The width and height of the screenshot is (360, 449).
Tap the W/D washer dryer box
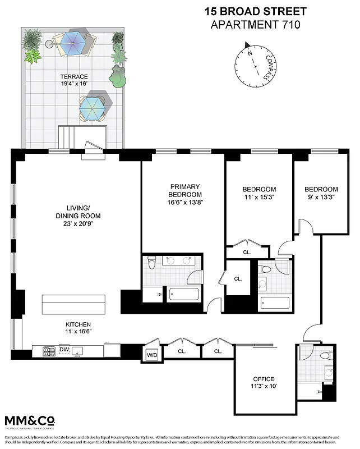coord(152,355)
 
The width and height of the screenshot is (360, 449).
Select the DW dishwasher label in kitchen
coord(64,350)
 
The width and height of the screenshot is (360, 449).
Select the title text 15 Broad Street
coord(255,11)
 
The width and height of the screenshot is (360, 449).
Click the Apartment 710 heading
coord(255,24)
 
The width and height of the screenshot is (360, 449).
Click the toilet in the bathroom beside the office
coord(324,356)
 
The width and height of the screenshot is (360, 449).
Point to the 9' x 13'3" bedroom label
coord(321,198)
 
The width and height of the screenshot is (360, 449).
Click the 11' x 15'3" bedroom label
coord(259,198)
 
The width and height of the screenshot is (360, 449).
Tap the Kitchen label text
coord(77,324)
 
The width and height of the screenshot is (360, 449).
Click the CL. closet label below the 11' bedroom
coord(247,252)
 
